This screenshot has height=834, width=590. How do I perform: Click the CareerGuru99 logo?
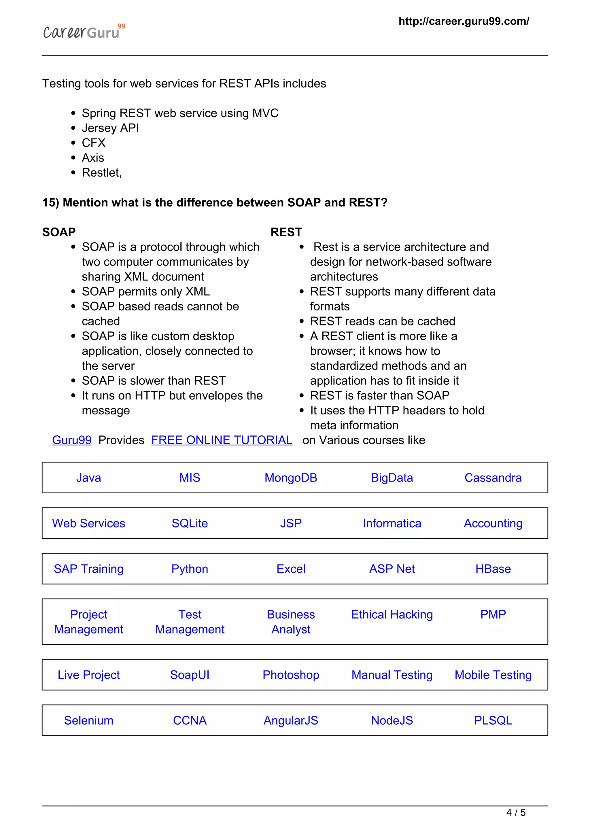point(84,32)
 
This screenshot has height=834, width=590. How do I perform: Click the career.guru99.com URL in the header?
point(464,21)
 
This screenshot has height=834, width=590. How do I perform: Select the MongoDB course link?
point(291,478)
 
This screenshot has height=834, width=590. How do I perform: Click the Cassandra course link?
point(493,478)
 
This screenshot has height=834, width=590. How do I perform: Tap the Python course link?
point(190,569)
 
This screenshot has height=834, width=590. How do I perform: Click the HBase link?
point(493,569)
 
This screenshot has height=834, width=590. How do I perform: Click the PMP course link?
point(493,614)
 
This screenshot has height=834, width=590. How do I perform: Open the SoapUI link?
point(190,675)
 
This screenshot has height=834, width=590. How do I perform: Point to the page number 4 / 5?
point(516,813)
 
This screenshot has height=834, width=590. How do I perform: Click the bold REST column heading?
point(286,232)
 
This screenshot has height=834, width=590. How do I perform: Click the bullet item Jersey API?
point(110,128)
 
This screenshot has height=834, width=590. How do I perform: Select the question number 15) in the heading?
point(50,202)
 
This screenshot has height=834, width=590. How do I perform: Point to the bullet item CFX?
point(93,143)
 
